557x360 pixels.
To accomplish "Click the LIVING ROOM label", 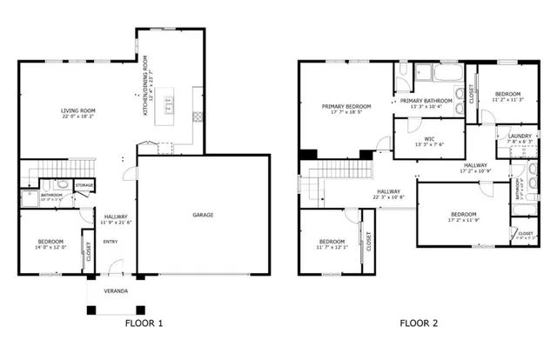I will [77, 110].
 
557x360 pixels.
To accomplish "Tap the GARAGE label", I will [203, 215].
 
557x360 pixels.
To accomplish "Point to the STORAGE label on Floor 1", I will [84, 185].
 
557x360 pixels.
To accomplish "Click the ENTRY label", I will [111, 242].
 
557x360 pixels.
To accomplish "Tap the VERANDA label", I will [116, 290].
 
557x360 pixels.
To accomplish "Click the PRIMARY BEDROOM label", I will [346, 106].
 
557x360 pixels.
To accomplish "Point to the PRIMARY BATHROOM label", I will [426, 101].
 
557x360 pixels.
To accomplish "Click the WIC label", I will [429, 137].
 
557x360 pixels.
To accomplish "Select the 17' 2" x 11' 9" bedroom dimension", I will [463, 220].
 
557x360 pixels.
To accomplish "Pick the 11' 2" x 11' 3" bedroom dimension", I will [507, 100].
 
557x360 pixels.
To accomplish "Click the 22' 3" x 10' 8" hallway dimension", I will [388, 197].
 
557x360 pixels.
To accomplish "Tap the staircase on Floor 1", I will [44, 169].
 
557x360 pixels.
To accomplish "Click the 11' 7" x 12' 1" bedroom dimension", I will [332, 247].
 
